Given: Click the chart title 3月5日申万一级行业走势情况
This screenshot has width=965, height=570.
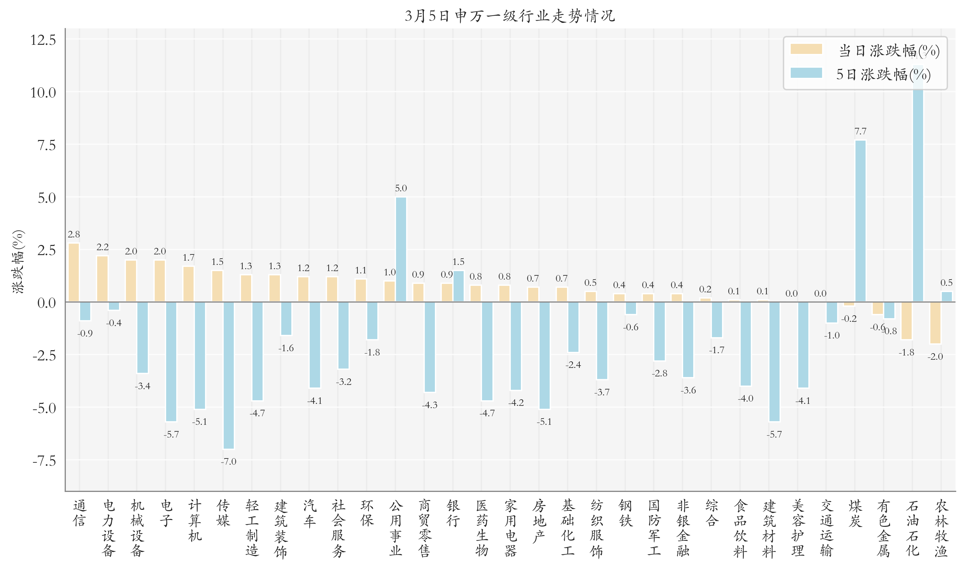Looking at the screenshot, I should (x=509, y=16).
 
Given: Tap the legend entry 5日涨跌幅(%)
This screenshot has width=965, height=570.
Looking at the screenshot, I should (x=883, y=74).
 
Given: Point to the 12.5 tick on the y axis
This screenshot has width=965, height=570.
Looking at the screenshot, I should (x=43, y=40).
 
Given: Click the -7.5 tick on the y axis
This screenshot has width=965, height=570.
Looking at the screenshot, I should (x=44, y=460).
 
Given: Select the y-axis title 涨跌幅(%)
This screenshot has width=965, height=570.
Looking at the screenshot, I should (x=18, y=262).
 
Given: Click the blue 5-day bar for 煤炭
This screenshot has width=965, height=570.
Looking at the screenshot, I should (x=860, y=221).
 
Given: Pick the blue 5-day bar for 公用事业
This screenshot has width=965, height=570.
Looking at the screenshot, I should (x=401, y=249).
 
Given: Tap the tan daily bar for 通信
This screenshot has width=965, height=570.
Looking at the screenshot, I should (x=74, y=272).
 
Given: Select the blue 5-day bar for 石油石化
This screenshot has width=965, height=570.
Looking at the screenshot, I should (x=918, y=184).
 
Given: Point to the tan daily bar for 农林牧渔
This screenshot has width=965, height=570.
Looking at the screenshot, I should (x=935, y=323).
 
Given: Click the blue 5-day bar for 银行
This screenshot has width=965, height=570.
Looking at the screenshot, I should (x=458, y=286).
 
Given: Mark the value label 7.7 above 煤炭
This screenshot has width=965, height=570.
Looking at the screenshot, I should (x=860, y=131).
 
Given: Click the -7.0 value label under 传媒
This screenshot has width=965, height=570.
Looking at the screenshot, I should (x=229, y=461).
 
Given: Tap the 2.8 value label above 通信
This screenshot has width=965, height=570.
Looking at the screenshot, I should (x=74, y=234).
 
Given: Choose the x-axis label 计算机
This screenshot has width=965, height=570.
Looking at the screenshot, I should (x=195, y=520).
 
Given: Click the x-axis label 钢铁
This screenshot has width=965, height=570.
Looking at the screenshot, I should (x=626, y=513).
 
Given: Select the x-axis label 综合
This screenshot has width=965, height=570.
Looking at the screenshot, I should (x=712, y=513).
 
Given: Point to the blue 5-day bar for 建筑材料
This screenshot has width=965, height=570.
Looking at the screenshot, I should (x=774, y=361).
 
